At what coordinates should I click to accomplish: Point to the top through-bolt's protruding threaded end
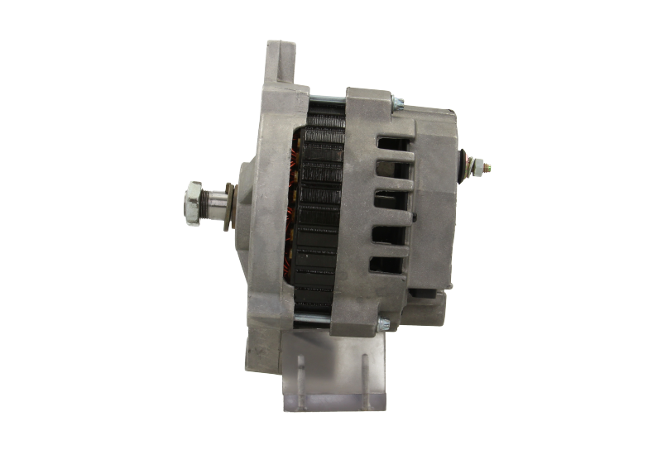(x=398, y=103)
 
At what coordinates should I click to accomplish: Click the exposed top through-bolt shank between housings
(x=326, y=102)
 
